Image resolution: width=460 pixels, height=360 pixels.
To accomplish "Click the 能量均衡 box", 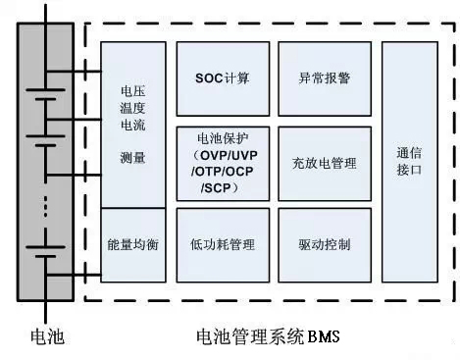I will pyautogui.click(x=132, y=244).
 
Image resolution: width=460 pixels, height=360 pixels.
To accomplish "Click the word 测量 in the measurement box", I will pyautogui.click(x=132, y=156).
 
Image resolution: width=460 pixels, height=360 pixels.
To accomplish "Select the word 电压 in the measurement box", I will pyautogui.click(x=132, y=94).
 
